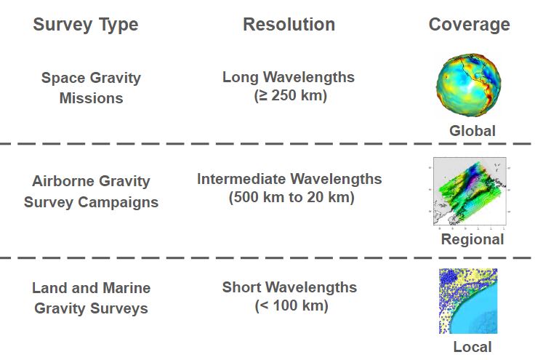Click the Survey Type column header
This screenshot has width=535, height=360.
pyautogui.click(x=86, y=25)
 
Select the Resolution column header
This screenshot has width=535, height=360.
pyautogui.click(x=289, y=25)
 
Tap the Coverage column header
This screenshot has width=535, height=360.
pyautogui.click(x=469, y=25)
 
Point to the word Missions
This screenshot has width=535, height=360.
pyautogui.click(x=91, y=98)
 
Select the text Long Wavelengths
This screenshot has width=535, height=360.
pyautogui.click(x=289, y=78)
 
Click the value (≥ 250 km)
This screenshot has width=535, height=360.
pyautogui.click(x=290, y=95)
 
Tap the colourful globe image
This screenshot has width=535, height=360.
pyautogui.click(x=469, y=85)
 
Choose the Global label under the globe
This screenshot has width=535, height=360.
pyautogui.click(x=472, y=131)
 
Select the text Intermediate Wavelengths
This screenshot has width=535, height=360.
pyautogui.click(x=289, y=179)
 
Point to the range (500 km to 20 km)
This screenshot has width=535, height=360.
pyautogui.click(x=291, y=197)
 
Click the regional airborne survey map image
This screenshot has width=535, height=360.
pyautogui.click(x=470, y=191)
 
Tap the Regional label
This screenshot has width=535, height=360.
pyautogui.click(x=472, y=239)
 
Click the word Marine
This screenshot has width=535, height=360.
pyautogui.click(x=126, y=288)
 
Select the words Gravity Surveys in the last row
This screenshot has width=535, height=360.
pyautogui.click(x=91, y=308)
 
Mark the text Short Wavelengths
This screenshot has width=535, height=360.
pyautogui.click(x=290, y=287)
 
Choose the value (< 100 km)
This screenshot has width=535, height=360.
pyautogui.click(x=291, y=305)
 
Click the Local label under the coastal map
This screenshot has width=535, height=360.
pyautogui.click(x=472, y=347)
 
